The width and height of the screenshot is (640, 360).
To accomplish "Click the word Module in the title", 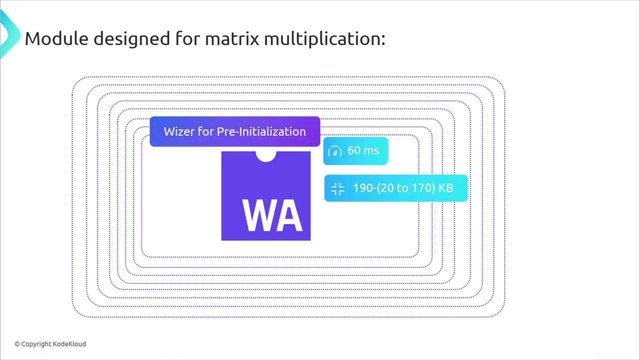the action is (x=57, y=38).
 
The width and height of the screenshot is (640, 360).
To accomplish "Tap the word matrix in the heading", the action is (x=232, y=38).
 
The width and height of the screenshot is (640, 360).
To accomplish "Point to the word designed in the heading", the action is (x=132, y=39).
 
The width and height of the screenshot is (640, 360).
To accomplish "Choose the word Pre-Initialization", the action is (x=261, y=131).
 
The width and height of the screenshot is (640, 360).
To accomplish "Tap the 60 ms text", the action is (x=363, y=150).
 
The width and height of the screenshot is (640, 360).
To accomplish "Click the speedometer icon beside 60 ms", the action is (x=335, y=151).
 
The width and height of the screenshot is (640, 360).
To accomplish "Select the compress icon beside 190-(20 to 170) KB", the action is (x=337, y=188).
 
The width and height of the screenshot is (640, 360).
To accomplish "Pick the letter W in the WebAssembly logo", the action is (x=256, y=215).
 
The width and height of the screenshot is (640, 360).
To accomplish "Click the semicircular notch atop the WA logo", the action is (x=265, y=156).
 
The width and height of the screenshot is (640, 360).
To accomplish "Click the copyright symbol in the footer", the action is (x=17, y=344).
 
